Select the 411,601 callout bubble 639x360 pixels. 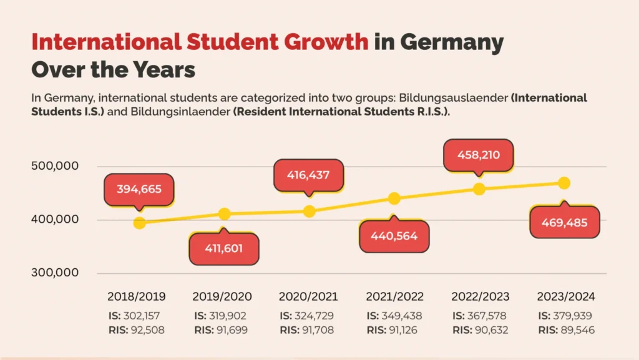[223, 248]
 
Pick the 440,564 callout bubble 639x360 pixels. [394, 236]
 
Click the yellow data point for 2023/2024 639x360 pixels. [564, 183]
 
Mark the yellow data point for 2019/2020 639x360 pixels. [225, 214]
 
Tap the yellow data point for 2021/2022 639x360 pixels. [394, 198]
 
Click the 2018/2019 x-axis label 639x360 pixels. [136, 296]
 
